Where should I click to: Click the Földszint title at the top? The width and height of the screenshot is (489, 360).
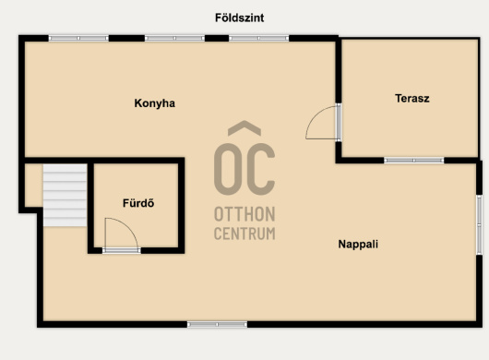tap(240, 18)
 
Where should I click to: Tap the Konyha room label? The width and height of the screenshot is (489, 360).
tap(154, 103)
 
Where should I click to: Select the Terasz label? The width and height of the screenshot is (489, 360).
tap(412, 98)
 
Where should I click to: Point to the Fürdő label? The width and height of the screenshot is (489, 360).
tap(138, 203)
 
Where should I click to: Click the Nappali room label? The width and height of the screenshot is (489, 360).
tap(358, 244)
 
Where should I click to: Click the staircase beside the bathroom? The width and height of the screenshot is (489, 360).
tap(65, 196)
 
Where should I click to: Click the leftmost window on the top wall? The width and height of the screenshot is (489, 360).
tap(78, 39)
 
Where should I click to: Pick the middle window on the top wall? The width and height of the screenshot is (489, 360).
tap(174, 39)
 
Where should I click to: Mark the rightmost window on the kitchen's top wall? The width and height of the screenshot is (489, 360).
tap(259, 39)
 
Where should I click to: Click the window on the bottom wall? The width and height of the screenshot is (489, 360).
tap(217, 324)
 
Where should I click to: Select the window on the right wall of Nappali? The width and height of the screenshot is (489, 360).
tap(480, 224)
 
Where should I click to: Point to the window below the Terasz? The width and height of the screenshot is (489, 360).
tap(414, 161)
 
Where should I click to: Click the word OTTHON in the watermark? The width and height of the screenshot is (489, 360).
tap(244, 214)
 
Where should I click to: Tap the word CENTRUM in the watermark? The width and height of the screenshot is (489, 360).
tap(244, 234)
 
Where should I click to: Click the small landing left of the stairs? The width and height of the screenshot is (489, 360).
tap(34, 186)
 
